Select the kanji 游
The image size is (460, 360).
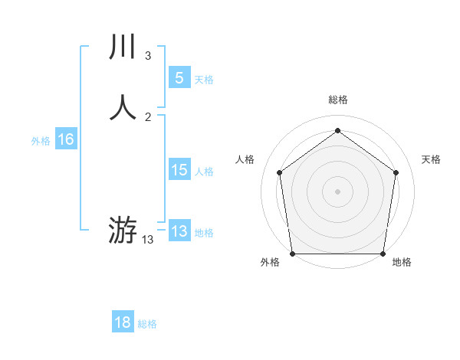123,230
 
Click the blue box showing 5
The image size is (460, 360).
179,77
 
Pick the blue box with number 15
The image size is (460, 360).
179,170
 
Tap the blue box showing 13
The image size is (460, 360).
179,231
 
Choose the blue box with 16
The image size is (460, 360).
66,139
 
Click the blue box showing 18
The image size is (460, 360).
123,322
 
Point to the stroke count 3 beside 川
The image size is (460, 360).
148,56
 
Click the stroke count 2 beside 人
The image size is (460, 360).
148,116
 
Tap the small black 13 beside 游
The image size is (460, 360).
148,240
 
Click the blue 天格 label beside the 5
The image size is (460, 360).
204,80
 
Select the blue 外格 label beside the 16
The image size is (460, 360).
41,141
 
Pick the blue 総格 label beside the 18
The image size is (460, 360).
147,324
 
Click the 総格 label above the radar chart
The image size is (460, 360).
337,100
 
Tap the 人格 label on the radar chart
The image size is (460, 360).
245,159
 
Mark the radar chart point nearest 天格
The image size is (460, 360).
396,172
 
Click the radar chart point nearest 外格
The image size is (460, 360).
293,254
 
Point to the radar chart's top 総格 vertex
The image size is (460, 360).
337,130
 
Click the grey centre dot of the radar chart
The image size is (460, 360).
337,191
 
